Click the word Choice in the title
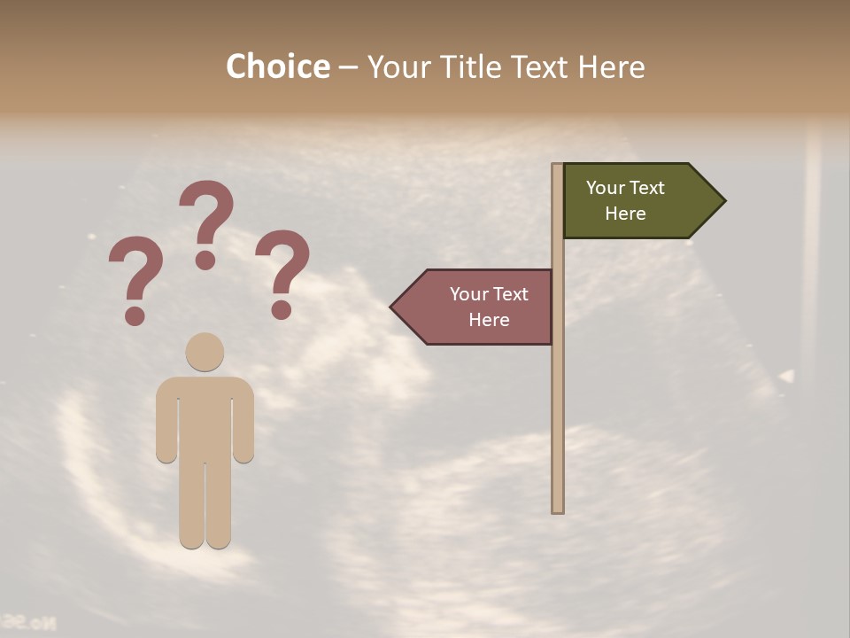point(277,66)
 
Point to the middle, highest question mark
point(206,213)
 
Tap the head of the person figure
point(205,351)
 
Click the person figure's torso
point(205,416)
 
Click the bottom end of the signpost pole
point(558,510)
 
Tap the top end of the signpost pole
point(558,166)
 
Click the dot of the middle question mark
point(205,260)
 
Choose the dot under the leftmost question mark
point(135,315)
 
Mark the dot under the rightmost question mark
point(282,310)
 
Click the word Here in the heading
point(611,66)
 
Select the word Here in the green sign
point(625,214)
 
